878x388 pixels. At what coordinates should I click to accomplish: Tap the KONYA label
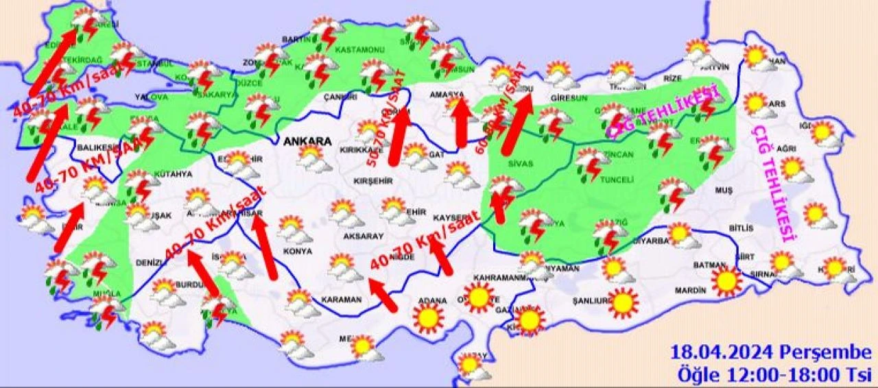[298, 251]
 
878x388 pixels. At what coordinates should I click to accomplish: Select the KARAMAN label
[341, 300]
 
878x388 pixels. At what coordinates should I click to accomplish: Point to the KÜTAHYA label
[174, 174]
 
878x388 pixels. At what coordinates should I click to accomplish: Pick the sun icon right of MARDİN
[726, 280]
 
